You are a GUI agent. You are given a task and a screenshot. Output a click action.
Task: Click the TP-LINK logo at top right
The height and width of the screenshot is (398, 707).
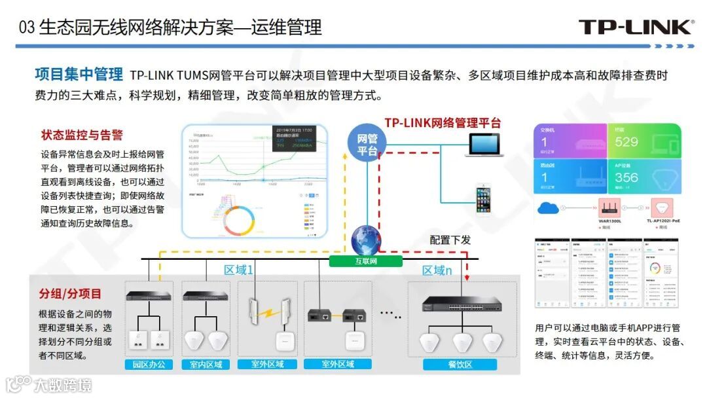point(635,27)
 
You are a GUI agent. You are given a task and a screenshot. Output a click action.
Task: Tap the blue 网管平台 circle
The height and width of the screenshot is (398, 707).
point(367,144)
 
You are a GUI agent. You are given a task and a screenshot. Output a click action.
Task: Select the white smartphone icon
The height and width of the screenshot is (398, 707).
point(484,199)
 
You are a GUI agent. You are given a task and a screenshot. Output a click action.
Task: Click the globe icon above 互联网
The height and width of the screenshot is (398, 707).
point(366,241)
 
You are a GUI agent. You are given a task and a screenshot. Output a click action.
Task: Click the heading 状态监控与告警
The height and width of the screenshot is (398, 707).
point(82,136)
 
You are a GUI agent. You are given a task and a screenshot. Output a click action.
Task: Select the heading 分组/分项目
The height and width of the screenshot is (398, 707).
point(70,294)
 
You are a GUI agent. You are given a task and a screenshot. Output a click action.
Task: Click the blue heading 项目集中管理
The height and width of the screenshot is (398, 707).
point(79,75)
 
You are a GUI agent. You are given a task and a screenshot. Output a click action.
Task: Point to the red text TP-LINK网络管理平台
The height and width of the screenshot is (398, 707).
point(443,122)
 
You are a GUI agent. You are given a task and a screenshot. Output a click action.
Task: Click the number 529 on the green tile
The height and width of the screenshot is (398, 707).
point(626,142)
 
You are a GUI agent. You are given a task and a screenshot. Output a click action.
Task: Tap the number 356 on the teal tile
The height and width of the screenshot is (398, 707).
point(626,177)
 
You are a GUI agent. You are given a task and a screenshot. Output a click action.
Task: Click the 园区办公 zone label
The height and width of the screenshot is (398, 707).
point(149,365)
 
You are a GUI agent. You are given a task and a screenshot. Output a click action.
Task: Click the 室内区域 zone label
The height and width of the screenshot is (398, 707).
point(206,365)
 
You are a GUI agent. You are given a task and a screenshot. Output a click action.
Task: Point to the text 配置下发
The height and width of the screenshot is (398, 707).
point(450,240)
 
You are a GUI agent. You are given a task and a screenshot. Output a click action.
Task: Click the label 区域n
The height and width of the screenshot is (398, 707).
point(437,270)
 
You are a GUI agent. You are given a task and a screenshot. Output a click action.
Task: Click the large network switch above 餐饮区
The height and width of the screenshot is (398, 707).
point(462,304)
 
